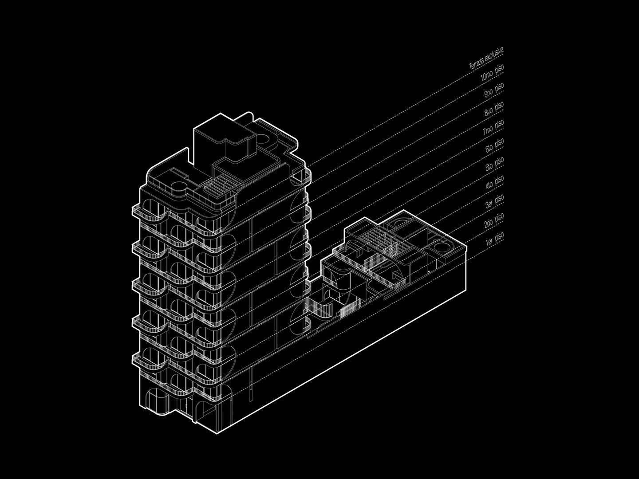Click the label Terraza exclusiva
pos(486,59)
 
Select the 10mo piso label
pos(492,73)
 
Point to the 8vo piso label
pos(494,109)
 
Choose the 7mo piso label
pos(493,128)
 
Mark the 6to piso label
pos(494,146)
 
